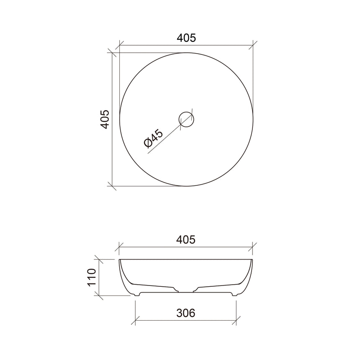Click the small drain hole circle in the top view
point(186,119)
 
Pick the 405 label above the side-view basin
point(186,239)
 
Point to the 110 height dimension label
point(93,278)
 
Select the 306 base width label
point(186,313)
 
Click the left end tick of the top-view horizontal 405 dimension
point(120,45)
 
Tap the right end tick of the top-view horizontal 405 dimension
point(253,45)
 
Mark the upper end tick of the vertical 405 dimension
point(112,53)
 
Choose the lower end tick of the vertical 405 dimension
point(112,185)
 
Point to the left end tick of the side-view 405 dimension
point(120,247)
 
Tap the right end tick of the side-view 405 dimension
point(253,247)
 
